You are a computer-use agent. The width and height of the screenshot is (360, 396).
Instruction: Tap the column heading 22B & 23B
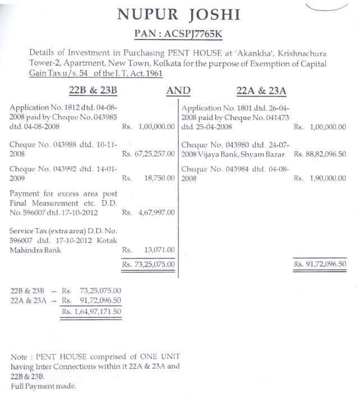93,90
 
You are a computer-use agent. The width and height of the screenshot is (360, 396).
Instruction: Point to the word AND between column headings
178,90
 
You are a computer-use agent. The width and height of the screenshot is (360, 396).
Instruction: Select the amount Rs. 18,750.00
149,178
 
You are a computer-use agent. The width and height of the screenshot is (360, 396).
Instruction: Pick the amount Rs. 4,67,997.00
149,213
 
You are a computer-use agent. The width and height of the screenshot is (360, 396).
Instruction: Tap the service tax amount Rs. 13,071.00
149,250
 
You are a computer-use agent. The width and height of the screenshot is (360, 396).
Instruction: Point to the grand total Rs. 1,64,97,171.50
91,311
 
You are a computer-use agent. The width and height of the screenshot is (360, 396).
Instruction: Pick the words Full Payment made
43,386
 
